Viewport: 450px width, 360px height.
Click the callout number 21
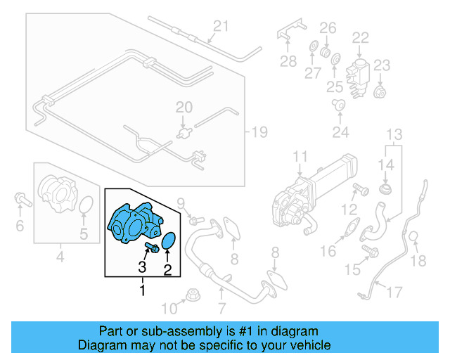click(x=221, y=27)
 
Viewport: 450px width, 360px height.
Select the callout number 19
click(x=260, y=131)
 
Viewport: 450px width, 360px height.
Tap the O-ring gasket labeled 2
click(x=169, y=243)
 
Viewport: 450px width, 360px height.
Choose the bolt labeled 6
click(x=21, y=202)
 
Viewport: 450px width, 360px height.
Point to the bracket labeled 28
click(x=288, y=36)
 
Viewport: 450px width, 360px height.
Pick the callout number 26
click(x=328, y=27)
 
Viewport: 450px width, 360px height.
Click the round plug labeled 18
click(x=415, y=237)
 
